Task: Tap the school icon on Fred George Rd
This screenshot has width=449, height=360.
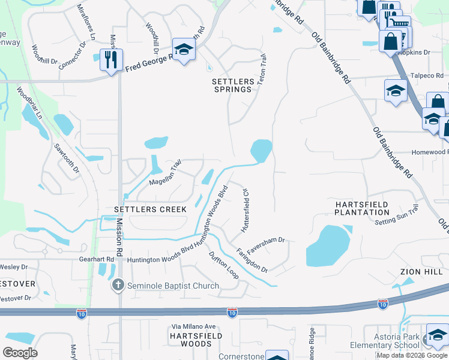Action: [184, 50]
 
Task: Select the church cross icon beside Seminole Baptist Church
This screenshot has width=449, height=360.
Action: [118, 286]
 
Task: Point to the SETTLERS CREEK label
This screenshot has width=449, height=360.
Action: [150, 209]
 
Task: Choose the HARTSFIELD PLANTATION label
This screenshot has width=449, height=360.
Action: [362, 208]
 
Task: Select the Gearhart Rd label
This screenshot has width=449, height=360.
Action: [96, 259]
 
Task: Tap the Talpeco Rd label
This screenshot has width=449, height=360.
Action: [427, 76]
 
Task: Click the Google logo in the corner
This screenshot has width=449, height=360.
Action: [20, 353]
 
